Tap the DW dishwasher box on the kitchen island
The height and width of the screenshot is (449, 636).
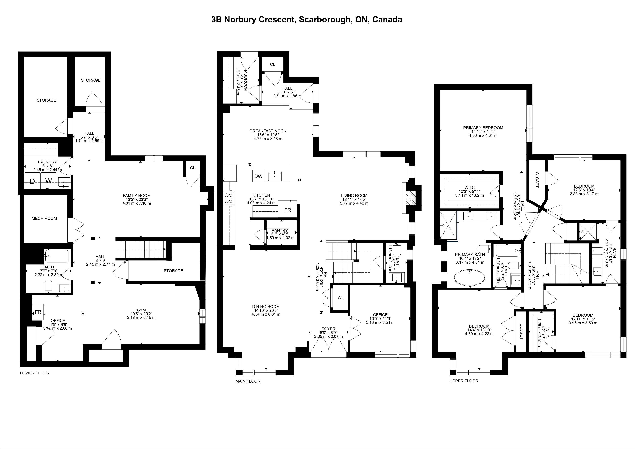coord(258,176)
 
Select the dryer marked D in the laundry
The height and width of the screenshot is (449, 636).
coord(32,181)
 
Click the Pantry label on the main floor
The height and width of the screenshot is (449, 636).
coord(280,230)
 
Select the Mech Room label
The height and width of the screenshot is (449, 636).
coord(44,218)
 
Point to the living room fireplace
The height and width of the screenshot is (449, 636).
coord(412,198)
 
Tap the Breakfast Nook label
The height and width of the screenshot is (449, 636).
coord(268,131)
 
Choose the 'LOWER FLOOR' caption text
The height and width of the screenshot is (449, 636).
coord(35,373)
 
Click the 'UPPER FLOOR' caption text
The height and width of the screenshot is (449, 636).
coord(464,381)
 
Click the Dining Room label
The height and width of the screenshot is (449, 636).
coord(266,307)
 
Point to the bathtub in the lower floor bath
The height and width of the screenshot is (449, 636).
coord(57,256)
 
